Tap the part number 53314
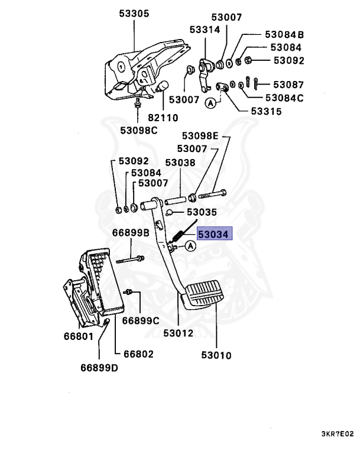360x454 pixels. point(205,29)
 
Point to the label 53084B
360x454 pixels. point(284,34)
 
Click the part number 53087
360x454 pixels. point(287,85)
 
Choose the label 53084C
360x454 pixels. point(284,98)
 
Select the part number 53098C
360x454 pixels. point(139,130)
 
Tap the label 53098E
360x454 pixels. point(200,136)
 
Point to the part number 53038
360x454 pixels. point(180,163)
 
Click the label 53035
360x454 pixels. point(202,212)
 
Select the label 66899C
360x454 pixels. point(141,321)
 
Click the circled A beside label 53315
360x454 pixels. point(210,102)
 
